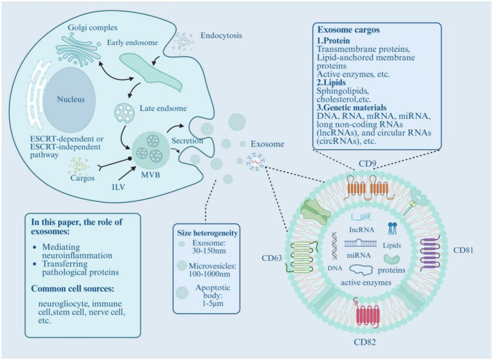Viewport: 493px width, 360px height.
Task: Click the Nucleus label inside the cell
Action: click(71, 100)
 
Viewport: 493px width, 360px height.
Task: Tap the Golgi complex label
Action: click(93, 28)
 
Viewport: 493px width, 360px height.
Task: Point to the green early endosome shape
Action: click(150, 72)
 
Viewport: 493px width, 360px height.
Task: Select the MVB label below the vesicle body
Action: click(150, 174)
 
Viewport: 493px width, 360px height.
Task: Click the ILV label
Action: click(118, 187)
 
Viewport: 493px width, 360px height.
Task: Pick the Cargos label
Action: click(83, 178)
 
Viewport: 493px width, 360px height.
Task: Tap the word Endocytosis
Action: click(221, 35)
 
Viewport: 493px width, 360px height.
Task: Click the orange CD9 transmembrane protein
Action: click(368, 188)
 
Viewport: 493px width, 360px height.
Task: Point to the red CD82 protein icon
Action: click(367, 316)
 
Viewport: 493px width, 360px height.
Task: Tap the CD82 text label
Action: click(364, 342)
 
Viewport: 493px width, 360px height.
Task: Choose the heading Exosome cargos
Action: click(348, 30)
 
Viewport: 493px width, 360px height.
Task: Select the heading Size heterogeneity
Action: click(207, 233)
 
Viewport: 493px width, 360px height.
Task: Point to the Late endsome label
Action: click(163, 109)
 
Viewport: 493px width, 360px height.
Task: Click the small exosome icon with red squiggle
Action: click(255, 161)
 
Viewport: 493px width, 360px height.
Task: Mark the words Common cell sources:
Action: click(73, 289)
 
